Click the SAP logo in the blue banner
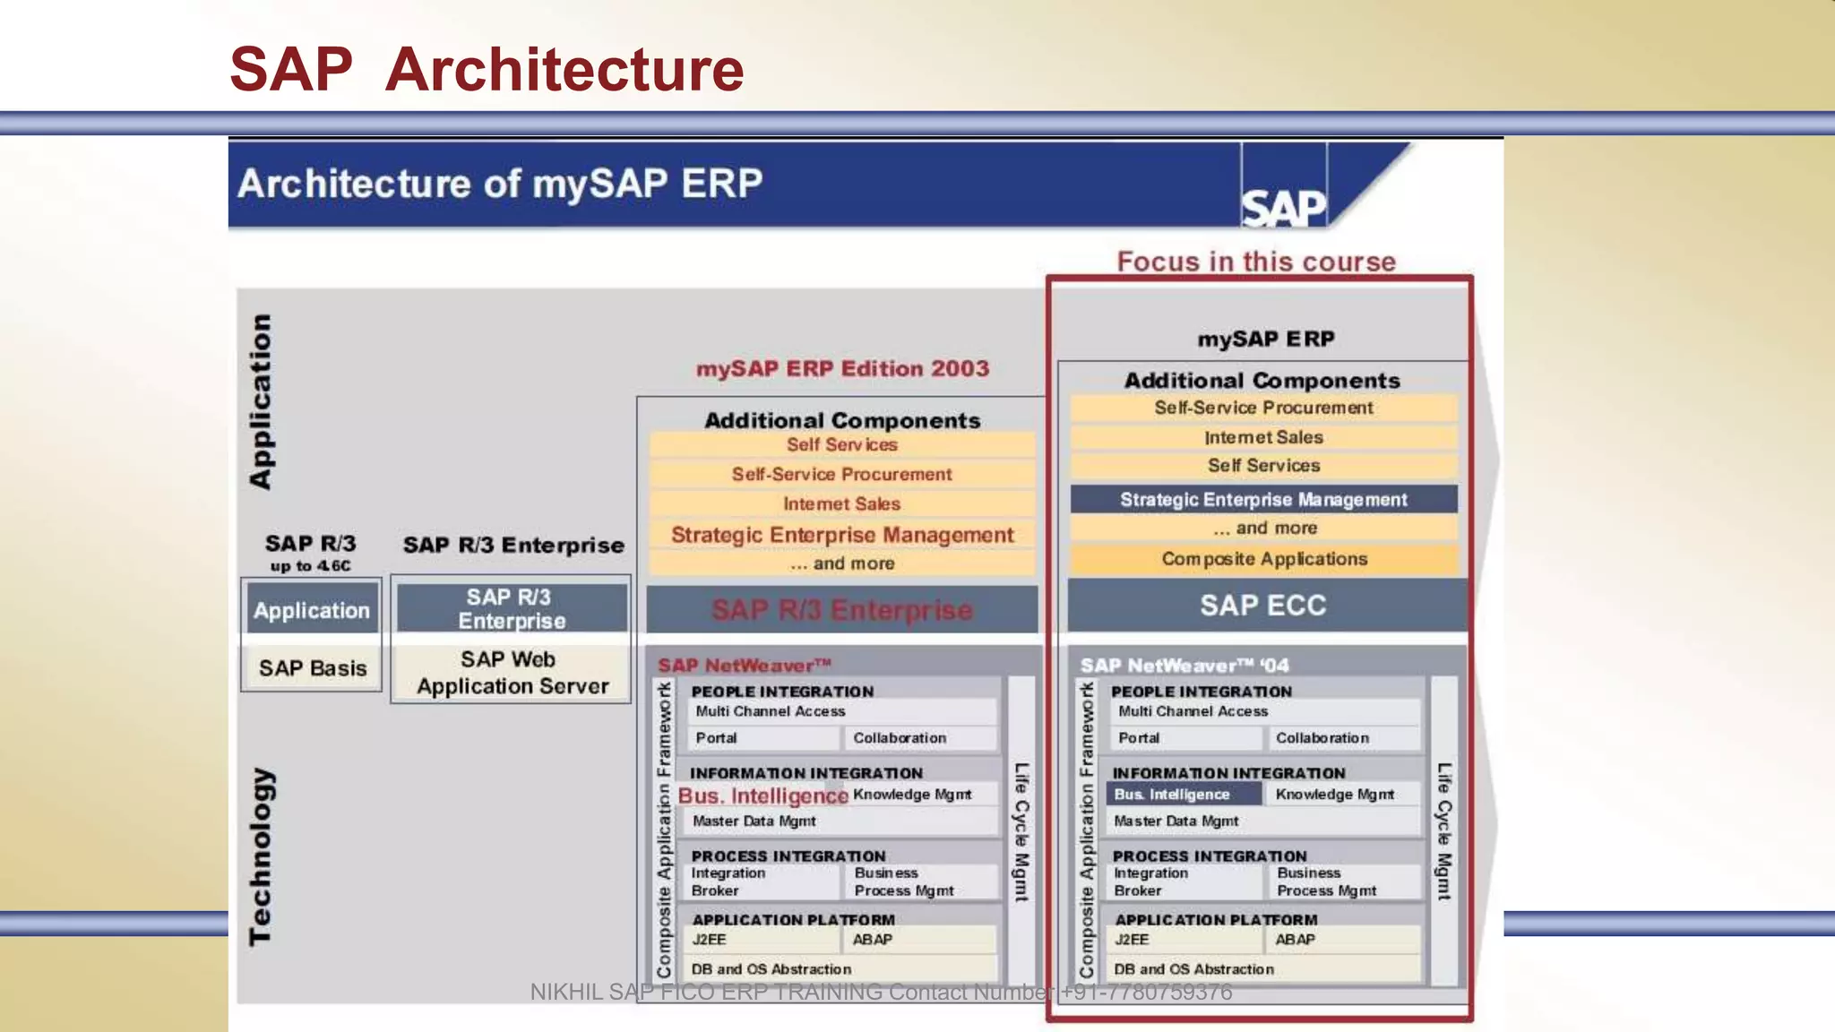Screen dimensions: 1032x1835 pyautogui.click(x=1283, y=208)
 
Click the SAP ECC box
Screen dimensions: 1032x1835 pyautogui.click(x=1262, y=606)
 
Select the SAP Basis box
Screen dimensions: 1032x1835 pyautogui.click(x=312, y=668)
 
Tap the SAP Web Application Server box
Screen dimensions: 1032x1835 pyautogui.click(x=512, y=673)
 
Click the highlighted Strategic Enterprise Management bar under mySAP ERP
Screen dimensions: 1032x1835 pyautogui.click(x=1262, y=500)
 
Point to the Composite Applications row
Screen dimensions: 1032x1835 pyautogui.click(x=1263, y=559)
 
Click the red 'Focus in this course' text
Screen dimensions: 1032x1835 pyautogui.click(x=1256, y=262)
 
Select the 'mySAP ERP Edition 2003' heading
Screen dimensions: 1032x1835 pyautogui.click(x=842, y=369)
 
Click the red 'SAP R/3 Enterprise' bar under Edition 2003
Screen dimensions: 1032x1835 pyautogui.click(x=841, y=610)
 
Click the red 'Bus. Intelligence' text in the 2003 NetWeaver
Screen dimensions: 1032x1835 pyautogui.click(x=762, y=795)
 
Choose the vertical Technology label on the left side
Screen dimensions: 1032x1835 pyautogui.click(x=260, y=856)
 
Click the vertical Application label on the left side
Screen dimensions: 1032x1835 pyautogui.click(x=260, y=401)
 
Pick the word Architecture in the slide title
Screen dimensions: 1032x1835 pyautogui.click(x=564, y=70)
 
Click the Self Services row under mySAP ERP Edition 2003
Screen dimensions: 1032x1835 pyautogui.click(x=841, y=445)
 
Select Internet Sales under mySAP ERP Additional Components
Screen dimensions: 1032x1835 pyautogui.click(x=1262, y=437)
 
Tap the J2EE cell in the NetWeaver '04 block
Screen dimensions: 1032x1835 pyautogui.click(x=1132, y=940)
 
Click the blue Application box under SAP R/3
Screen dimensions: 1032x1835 pyautogui.click(x=311, y=610)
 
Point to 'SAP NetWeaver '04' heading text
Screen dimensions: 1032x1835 pyautogui.click(x=1184, y=666)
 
